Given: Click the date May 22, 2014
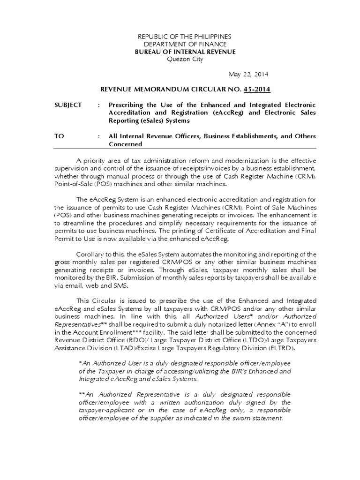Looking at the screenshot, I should (x=248, y=74).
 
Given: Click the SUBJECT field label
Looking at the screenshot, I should (x=68, y=105).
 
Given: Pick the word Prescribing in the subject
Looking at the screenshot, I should (x=127, y=105).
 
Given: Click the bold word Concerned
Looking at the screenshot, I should (x=125, y=144).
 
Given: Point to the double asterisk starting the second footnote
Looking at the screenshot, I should (x=81, y=394).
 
